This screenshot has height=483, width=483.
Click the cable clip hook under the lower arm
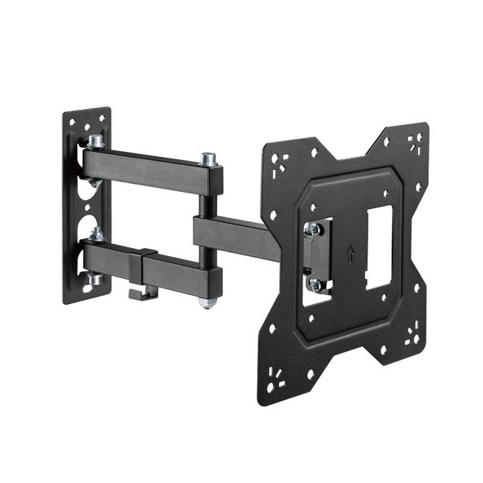point(142,292)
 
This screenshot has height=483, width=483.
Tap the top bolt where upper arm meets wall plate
point(95,141)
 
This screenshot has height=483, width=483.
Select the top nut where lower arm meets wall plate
point(96,235)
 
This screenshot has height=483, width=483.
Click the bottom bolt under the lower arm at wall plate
point(95,279)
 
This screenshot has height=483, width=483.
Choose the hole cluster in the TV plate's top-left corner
point(278,160)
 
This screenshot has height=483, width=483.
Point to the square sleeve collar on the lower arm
point(147,267)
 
